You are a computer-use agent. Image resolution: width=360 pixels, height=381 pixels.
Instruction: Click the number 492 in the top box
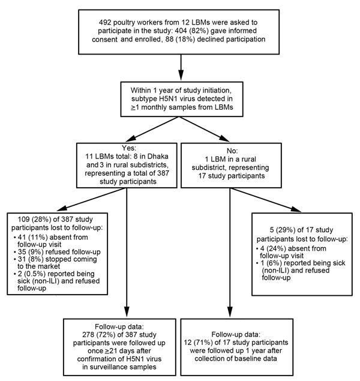tap(105, 22)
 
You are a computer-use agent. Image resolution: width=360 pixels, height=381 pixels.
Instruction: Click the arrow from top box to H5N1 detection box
tap(181, 67)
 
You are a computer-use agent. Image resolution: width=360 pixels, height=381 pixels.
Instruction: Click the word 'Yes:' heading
tap(129, 148)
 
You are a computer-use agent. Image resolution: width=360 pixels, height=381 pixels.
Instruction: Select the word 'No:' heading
tap(232, 151)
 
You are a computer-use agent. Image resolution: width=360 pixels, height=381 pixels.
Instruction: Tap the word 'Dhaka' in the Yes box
tap(158, 156)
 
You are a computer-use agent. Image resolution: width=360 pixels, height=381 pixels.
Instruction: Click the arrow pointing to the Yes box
tap(152, 129)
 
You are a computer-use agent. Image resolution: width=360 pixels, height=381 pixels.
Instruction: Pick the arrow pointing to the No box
tap(204, 129)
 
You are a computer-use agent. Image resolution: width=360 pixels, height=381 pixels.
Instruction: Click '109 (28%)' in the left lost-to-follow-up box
tap(34, 220)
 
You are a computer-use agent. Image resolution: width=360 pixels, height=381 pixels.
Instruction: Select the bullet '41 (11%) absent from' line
tap(50, 237)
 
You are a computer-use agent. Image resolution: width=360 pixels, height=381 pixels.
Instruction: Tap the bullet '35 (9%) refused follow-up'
tap(57, 252)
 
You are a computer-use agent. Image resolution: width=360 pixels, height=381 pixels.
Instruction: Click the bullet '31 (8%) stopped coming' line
tap(55, 259)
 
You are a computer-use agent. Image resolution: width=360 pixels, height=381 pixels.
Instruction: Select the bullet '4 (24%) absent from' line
tap(291, 248)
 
